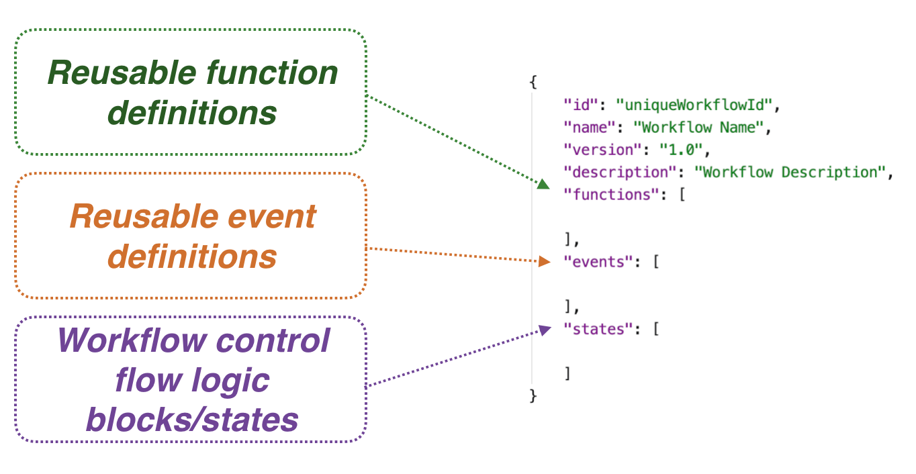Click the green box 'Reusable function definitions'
coord(191,92)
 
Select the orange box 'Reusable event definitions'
coord(191,236)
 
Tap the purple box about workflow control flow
coord(191,379)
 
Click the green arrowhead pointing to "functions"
coord(544,184)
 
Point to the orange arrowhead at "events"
coord(545,261)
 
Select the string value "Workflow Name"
coord(698,127)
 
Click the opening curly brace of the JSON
coord(533,83)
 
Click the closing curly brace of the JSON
coord(533,396)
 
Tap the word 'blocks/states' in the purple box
coord(192,419)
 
